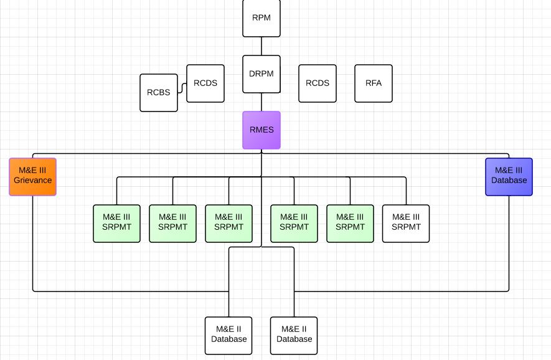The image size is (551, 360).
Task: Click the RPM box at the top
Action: click(261, 18)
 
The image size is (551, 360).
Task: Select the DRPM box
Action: click(261, 74)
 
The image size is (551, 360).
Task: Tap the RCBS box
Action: click(159, 93)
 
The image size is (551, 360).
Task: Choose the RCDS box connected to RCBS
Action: click(205, 83)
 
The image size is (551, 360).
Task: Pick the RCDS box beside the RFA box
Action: click(318, 83)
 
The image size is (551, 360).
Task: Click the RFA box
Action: click(374, 83)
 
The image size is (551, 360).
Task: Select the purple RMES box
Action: click(261, 130)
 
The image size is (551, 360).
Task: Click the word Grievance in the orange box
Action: click(33, 181)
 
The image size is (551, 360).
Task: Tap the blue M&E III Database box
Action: click(509, 176)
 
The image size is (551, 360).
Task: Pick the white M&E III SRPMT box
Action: click(406, 223)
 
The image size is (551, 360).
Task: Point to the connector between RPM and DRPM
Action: click(261, 46)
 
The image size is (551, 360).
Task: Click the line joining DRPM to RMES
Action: click(261, 102)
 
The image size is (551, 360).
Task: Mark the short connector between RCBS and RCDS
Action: click(182, 88)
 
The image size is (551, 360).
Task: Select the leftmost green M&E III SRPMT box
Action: click(116, 223)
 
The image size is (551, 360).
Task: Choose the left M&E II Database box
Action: click(228, 335)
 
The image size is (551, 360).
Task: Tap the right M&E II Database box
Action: click(294, 335)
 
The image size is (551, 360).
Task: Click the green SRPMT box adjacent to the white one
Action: click(350, 223)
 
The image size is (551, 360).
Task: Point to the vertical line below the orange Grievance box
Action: click(33, 243)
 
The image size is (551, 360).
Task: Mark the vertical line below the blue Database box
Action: click(509, 243)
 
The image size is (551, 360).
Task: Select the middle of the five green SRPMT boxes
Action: click(228, 223)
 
